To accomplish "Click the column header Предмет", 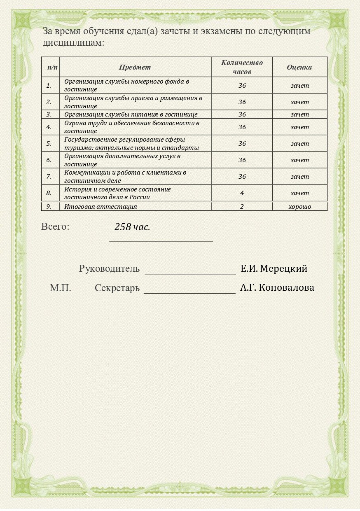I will (135, 67).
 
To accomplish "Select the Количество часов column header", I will (242, 67).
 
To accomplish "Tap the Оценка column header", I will (299, 67).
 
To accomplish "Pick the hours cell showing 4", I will (242, 193).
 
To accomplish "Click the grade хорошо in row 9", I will (299, 207).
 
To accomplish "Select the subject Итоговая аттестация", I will (101, 207).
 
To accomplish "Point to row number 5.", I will (49, 144).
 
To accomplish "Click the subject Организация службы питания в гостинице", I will (131, 114).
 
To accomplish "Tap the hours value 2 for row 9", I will (242, 207).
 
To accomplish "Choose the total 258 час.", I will (132, 227).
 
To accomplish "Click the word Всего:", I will (55, 226).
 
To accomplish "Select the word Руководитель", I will (109, 269).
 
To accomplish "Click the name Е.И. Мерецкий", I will (274, 268).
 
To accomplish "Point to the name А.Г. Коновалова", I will (277, 287).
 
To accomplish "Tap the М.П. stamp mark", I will (61, 288).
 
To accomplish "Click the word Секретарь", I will (117, 288).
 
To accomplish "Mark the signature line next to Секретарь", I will (189, 292).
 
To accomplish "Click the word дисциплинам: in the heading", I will (73, 42).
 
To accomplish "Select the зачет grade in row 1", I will (299, 86).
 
